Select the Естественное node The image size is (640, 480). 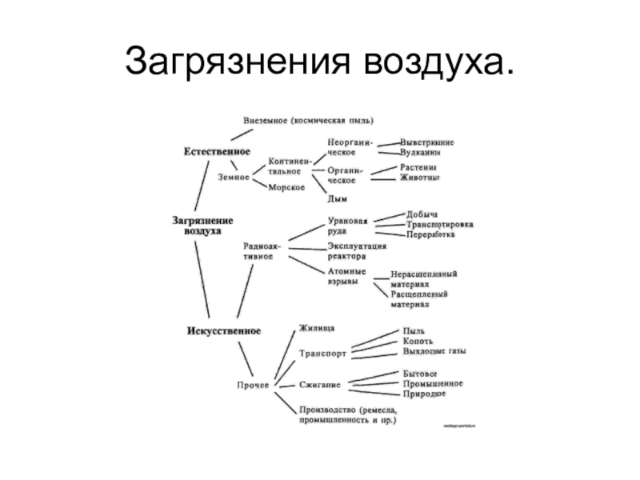(x=217, y=150)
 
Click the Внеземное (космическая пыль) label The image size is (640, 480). (x=308, y=121)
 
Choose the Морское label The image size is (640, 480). (x=286, y=187)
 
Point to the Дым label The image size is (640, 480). (x=337, y=198)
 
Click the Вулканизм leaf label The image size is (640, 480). (x=420, y=151)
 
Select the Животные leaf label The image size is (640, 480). (x=419, y=178)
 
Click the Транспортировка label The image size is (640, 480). (x=439, y=225)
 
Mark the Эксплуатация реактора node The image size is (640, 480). (x=358, y=251)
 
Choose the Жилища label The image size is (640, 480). (x=318, y=328)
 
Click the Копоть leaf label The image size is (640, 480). (x=420, y=341)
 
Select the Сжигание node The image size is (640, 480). (x=321, y=385)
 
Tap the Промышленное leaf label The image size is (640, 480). (x=434, y=384)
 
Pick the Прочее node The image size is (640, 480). (x=250, y=386)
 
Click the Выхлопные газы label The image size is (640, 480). (x=435, y=350)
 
